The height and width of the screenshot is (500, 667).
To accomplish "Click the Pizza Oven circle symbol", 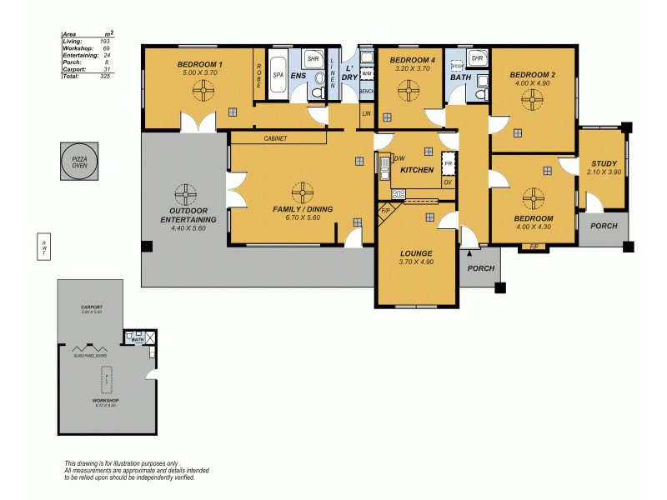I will pos(79,161).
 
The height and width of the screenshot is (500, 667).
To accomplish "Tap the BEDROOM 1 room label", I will pos(199,64).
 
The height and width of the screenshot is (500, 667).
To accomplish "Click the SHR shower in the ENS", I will pos(313,59).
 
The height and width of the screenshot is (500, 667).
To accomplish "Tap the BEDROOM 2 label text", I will pos(533,75).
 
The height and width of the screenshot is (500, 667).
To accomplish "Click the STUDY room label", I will pos(604,163).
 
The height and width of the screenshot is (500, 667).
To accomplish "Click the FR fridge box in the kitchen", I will pos(448,162).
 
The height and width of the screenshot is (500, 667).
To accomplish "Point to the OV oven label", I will pos(448,182).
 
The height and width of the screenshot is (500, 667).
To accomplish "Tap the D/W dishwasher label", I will pos(399,158).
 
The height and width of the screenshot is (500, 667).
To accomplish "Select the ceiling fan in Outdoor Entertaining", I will pos(182,190).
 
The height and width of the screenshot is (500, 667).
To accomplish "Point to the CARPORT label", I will pos(91,307).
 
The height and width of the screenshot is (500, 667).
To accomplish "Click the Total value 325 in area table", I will pos(105,76).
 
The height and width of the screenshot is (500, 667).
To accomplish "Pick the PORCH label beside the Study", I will pos(604,227).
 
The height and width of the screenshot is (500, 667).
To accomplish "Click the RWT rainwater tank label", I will pos(44,247).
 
